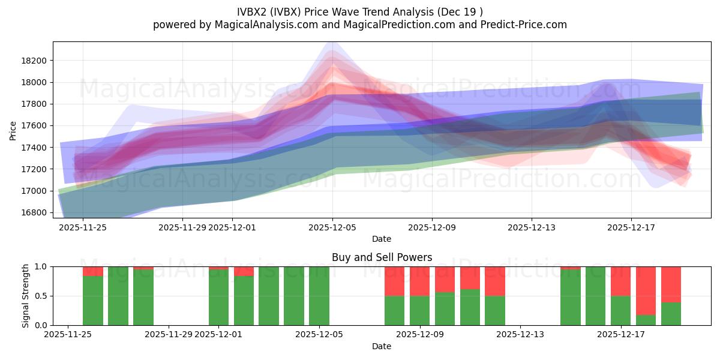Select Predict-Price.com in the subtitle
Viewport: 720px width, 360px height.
(518, 25)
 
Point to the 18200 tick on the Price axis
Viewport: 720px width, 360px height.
(34, 61)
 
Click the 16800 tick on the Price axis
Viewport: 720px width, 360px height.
(34, 212)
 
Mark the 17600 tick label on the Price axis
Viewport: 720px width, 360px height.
(34, 126)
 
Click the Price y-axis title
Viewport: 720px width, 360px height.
(13, 130)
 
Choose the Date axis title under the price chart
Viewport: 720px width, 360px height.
(382, 239)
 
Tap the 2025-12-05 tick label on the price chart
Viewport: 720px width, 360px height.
(333, 227)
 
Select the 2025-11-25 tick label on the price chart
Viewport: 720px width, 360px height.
(83, 227)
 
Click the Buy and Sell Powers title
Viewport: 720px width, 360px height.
(382, 257)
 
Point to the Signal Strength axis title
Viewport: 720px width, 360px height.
(25, 296)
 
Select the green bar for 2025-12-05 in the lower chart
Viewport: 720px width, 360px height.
(319, 296)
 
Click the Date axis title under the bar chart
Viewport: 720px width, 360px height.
(382, 346)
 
